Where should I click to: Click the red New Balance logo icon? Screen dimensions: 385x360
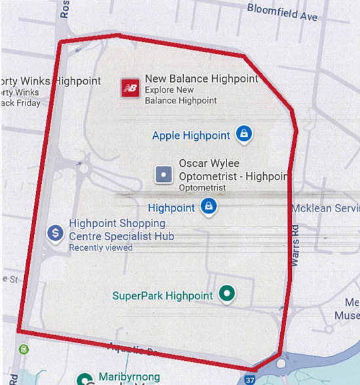130,88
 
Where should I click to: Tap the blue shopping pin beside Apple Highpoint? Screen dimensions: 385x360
243,134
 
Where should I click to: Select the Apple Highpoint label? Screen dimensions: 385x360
191,136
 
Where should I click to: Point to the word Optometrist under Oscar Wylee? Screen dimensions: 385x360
202,187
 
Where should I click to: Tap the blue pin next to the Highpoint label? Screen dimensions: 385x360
209,207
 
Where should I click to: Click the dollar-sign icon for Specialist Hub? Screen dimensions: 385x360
56,232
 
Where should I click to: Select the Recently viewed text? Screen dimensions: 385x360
100,247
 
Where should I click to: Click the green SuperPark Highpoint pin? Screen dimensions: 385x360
226,295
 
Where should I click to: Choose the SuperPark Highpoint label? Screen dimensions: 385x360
162,295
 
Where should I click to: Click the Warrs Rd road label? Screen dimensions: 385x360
295,246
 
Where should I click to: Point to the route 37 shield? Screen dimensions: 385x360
250,379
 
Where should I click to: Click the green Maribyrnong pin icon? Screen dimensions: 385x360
84,379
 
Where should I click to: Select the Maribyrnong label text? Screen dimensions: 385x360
128,376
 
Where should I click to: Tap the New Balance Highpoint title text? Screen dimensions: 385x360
202,79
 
